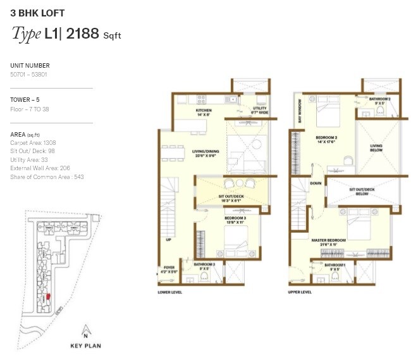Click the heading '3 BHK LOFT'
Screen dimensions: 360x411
click(x=37, y=13)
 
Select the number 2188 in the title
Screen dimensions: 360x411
click(x=82, y=34)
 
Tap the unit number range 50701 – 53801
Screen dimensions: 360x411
click(x=30, y=75)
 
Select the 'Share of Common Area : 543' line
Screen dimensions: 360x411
click(x=47, y=177)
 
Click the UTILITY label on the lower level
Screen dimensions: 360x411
click(x=260, y=109)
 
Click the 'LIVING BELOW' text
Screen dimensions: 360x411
click(x=376, y=148)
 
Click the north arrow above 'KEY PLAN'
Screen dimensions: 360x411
click(x=84, y=330)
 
